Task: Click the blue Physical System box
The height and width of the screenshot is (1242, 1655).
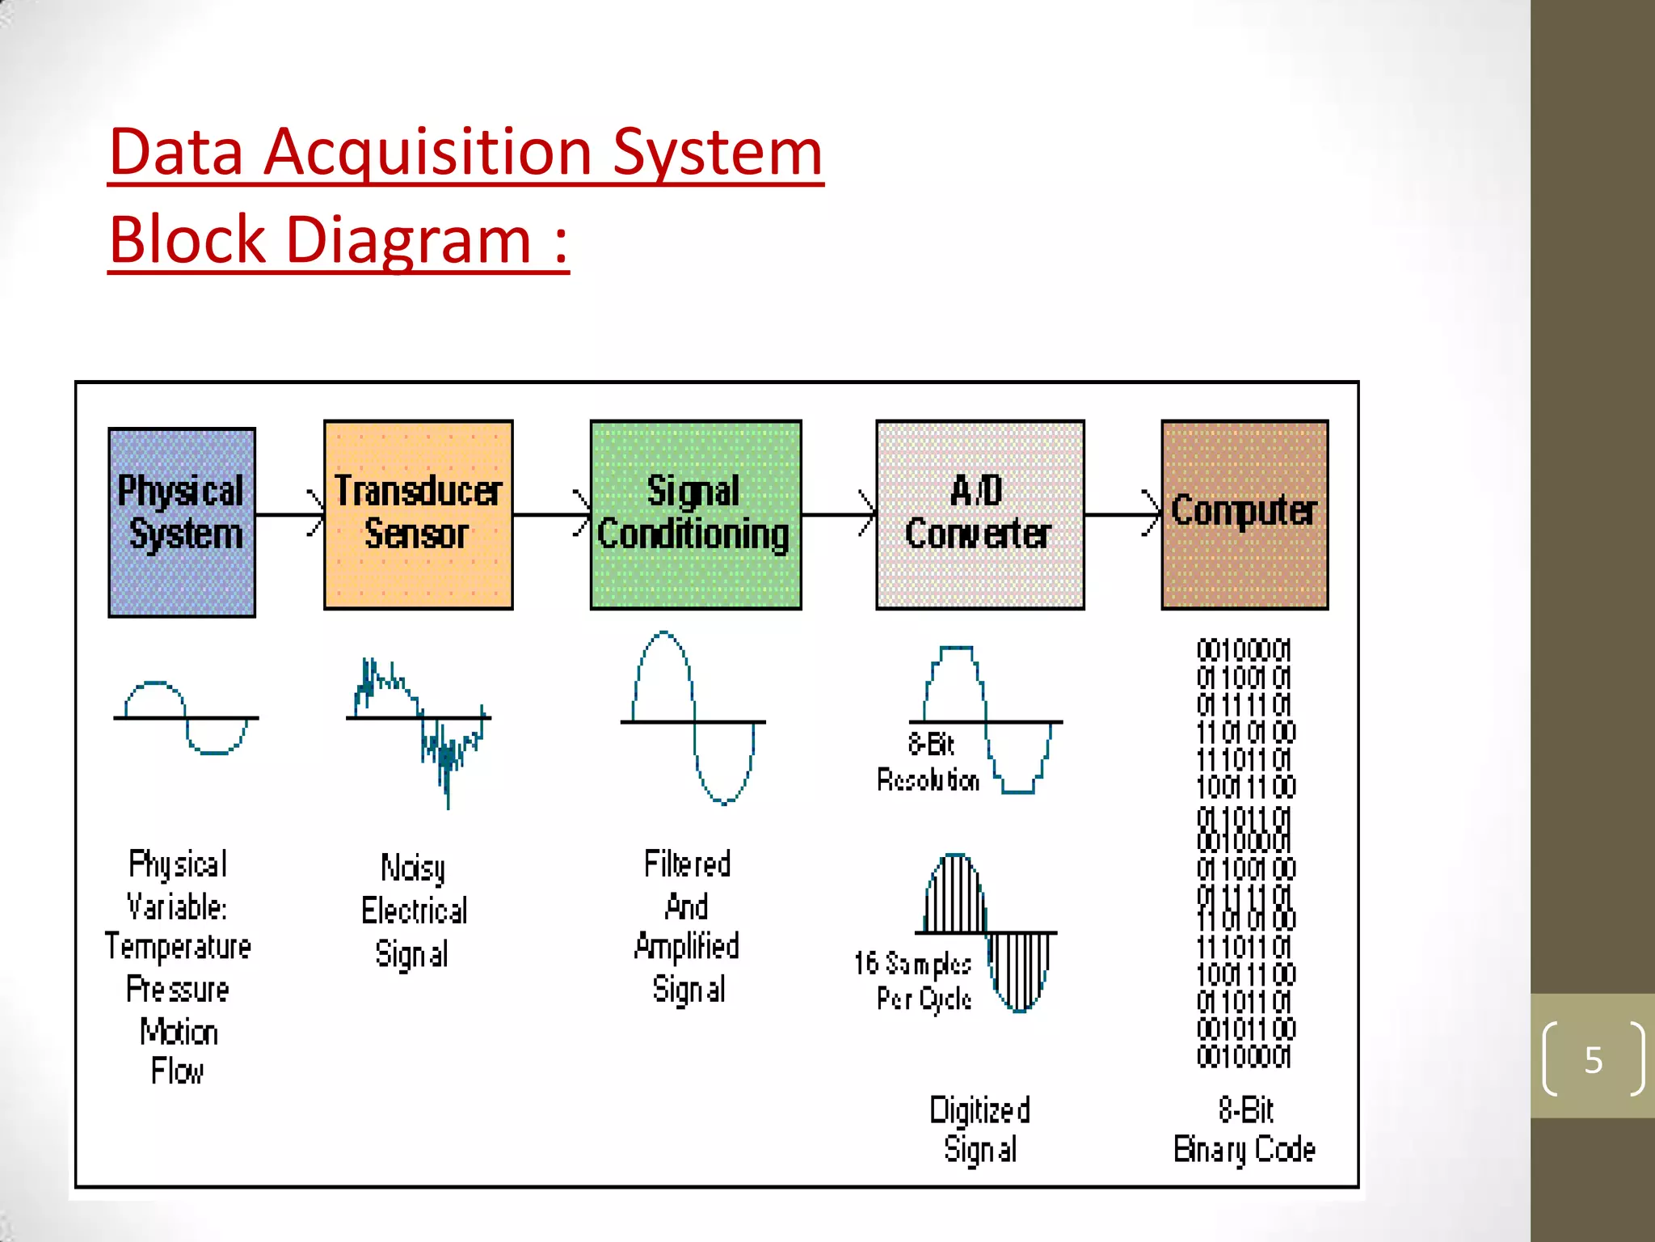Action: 182,522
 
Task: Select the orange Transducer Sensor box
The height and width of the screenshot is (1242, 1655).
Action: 418,514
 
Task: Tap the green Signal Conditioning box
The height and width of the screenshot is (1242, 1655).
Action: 695,514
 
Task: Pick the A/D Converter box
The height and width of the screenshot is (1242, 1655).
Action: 979,514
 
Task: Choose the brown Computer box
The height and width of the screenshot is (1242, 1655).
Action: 1244,514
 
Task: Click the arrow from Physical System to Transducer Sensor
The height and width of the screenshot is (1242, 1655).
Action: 289,514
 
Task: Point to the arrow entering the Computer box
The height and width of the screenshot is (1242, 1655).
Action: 1122,514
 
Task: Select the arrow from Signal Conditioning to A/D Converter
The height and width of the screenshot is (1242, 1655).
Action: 838,514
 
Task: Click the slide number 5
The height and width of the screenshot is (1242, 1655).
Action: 1593,1059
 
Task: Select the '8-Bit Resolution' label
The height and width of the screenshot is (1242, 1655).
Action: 929,762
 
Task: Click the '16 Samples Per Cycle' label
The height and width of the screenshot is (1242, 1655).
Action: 913,981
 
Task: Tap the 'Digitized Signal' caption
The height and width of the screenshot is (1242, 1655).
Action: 979,1130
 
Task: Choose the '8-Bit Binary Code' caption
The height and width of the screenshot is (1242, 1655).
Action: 1244,1130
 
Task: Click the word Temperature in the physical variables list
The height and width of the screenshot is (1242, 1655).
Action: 178,947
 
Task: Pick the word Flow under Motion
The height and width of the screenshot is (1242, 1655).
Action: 178,1071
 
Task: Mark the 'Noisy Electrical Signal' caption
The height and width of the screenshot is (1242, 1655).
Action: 413,910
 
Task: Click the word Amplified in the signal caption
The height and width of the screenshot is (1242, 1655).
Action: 687,946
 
